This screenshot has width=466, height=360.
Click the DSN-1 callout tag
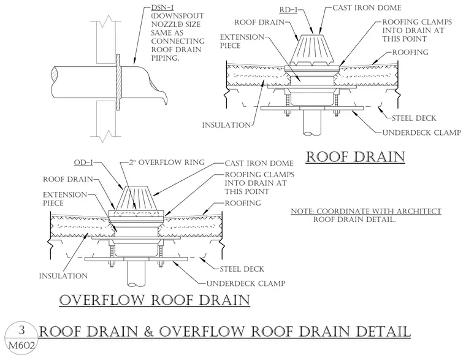(162, 7)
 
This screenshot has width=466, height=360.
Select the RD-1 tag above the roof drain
(288, 10)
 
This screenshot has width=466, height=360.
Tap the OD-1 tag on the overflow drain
(83, 163)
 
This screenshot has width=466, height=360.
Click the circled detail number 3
(21, 330)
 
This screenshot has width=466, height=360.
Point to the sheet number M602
(21, 345)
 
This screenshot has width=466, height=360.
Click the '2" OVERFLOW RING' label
(167, 163)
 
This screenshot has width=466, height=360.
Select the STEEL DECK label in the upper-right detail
(414, 118)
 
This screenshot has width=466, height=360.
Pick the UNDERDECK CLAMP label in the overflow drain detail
(246, 283)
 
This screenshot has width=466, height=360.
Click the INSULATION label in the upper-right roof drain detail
(226, 125)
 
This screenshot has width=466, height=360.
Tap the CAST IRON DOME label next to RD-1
(367, 8)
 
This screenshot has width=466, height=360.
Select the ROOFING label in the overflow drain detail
(243, 203)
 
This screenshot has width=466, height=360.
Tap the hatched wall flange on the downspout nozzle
(118, 82)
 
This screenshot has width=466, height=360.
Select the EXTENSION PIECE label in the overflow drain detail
(65, 199)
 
